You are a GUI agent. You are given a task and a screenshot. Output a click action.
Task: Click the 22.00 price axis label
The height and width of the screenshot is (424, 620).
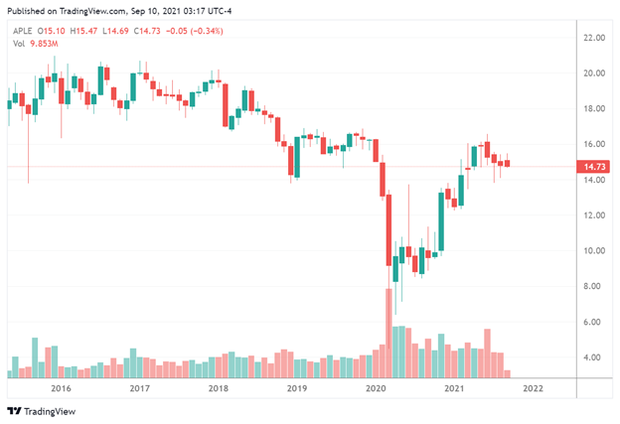tap(594, 38)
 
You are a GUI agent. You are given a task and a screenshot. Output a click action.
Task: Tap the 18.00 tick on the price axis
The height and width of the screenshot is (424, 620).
tap(594, 108)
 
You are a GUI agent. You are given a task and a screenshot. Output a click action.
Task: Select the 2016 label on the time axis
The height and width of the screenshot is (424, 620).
tap(61, 388)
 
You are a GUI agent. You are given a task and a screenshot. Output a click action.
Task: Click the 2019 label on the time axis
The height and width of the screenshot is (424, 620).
tap(297, 388)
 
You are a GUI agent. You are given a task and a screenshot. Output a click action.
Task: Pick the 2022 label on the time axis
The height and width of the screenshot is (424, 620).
tap(533, 388)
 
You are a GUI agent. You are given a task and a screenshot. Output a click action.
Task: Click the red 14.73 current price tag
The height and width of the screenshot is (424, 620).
tap(593, 167)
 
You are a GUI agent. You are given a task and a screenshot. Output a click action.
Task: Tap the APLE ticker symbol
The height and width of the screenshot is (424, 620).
tap(23, 31)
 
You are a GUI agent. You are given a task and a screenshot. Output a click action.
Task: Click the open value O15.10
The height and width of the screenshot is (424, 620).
tap(51, 31)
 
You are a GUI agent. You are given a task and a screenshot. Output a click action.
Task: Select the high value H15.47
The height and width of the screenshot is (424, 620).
tap(83, 31)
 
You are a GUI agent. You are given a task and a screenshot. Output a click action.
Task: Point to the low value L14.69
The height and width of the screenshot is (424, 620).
tap(115, 31)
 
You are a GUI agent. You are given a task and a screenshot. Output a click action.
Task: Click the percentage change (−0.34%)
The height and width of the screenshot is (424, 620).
tap(207, 31)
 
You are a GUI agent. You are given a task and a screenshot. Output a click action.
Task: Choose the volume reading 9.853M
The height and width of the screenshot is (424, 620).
tap(44, 44)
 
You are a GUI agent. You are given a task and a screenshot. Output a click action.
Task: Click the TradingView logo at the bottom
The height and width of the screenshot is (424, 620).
tap(41, 411)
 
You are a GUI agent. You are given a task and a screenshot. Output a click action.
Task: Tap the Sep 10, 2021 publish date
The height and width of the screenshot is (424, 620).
tap(155, 11)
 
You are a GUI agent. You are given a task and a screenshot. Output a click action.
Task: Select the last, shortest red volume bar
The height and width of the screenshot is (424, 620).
tap(507, 373)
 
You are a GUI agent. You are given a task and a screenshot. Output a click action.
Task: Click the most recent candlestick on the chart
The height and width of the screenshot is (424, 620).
tap(507, 163)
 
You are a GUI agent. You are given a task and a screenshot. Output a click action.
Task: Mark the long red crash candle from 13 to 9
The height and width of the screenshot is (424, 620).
tap(388, 230)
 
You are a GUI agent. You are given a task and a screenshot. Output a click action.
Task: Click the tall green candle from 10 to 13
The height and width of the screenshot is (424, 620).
tap(441, 221)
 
